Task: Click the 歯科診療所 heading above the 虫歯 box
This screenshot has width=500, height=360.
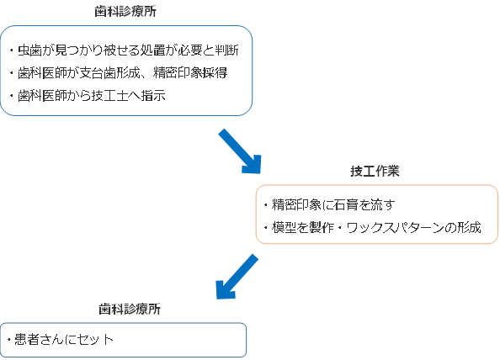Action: point(125,12)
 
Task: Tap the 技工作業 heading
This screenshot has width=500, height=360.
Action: point(375,171)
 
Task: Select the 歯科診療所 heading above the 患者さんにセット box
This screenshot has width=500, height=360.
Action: point(130,309)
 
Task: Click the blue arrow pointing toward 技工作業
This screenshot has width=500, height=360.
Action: point(240,151)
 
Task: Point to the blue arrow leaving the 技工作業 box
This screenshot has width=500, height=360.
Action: point(237,277)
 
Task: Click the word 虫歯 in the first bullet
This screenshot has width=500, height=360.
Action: point(30,50)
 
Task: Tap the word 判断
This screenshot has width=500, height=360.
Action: point(226,50)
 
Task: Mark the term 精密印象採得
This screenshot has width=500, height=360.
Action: point(190,73)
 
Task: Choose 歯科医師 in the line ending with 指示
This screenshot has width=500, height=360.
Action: point(42,96)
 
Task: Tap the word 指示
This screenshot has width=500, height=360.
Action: point(153,96)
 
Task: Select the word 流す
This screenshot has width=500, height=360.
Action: point(383,205)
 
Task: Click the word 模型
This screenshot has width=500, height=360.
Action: point(285,227)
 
